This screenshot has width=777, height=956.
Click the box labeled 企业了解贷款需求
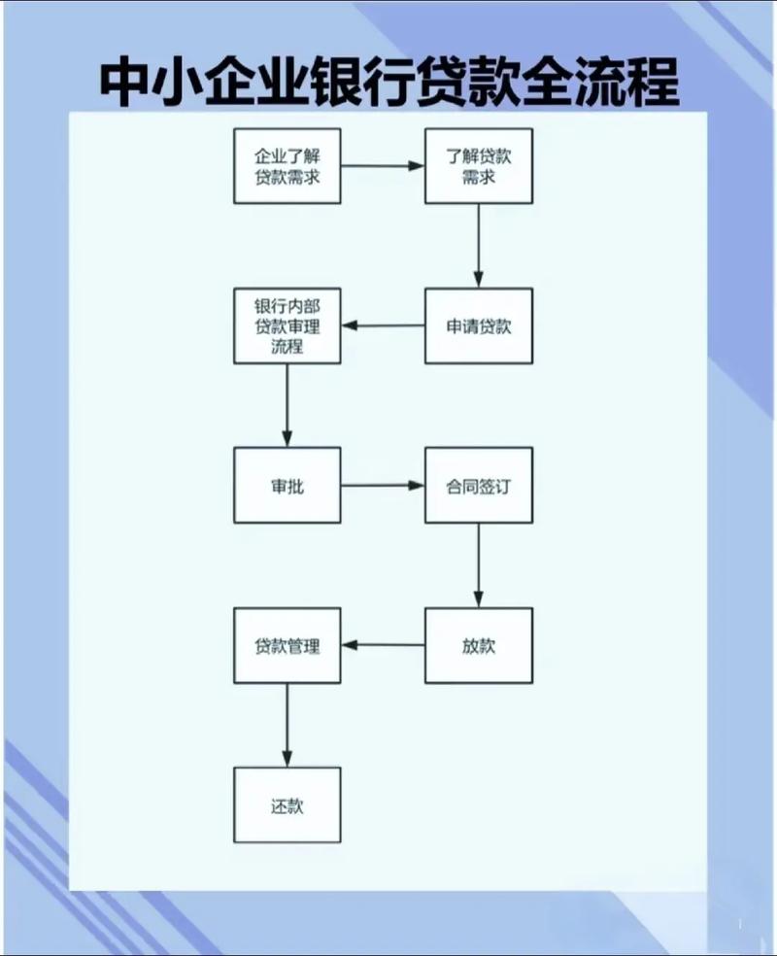coord(287,166)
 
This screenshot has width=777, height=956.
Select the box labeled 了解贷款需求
coord(479,166)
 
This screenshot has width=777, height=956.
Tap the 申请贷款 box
coord(479,325)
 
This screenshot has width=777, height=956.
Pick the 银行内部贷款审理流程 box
coord(287,325)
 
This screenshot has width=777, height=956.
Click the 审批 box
coord(287,485)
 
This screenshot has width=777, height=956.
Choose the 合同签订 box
coord(479,485)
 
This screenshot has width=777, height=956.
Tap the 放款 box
coord(479,645)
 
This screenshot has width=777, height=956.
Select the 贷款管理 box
coord(287,645)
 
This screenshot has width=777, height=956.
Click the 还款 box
coord(287,804)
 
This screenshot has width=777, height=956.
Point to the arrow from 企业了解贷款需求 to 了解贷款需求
coord(383,166)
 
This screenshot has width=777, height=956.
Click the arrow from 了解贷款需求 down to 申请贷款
coord(479,245)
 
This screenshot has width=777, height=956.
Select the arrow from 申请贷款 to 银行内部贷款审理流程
coord(383,325)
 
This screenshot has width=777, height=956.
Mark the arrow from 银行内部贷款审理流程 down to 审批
coord(287,404)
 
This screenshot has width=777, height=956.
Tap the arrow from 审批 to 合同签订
coord(383,485)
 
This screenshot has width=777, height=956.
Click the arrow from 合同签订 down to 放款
coord(479,564)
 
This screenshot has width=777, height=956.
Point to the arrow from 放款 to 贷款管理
coord(383,645)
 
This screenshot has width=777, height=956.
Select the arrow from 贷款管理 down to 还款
coord(287,724)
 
